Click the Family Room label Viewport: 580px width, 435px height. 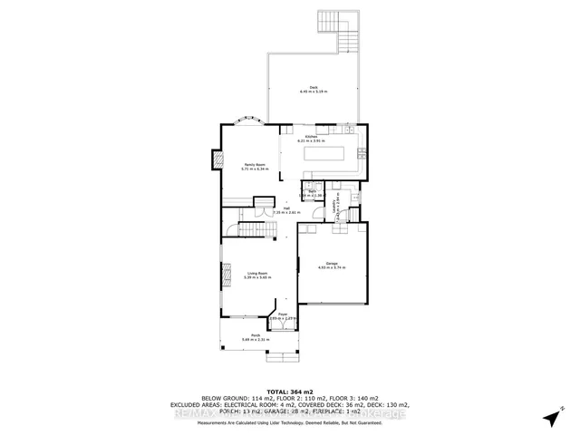click(x=241, y=166)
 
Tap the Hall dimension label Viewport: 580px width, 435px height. click(x=285, y=211)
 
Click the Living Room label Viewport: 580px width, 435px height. click(x=257, y=274)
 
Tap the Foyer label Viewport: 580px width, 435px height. click(x=283, y=316)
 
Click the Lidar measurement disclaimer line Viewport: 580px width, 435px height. click(x=289, y=421)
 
